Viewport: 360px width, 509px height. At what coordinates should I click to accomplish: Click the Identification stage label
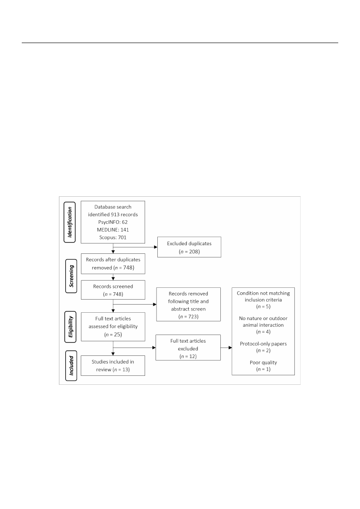70,222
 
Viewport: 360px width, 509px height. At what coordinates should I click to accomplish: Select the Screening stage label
72,276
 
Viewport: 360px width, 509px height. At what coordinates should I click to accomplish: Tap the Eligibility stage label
70,326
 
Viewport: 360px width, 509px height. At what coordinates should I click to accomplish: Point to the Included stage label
71,365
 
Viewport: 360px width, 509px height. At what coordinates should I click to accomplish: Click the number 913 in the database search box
116,214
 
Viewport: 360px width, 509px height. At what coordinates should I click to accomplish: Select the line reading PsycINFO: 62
113,222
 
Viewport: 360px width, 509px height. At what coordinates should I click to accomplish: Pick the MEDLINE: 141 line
113,230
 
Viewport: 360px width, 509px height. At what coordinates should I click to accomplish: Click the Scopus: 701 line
113,238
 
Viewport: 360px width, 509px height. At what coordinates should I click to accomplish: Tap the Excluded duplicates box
189,247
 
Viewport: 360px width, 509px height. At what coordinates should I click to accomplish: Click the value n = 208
189,252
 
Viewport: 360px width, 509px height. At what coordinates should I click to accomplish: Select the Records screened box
113,290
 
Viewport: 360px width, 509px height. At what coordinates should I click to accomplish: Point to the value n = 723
188,316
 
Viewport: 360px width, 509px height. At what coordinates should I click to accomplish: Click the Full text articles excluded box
188,348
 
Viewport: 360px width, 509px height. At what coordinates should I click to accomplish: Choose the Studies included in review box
113,365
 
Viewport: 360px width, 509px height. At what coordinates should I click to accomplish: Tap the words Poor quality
263,363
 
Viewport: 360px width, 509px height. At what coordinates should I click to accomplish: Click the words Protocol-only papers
263,344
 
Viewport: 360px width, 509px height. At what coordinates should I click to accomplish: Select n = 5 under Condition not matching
263,306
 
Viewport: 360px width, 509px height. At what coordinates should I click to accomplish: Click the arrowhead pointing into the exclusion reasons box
230,348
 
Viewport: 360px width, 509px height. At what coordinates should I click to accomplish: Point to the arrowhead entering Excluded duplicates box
156,247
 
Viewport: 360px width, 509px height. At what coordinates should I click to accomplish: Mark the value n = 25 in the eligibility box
113,334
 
